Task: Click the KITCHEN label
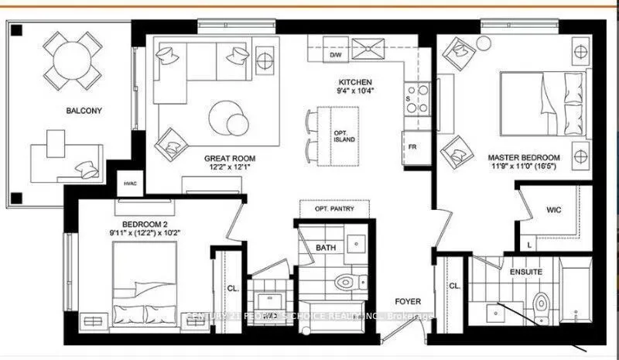[355, 82]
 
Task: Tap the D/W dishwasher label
[336, 56]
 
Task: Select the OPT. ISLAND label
[344, 136]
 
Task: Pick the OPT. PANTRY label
[334, 210]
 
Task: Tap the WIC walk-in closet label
[552, 209]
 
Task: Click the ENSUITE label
[525, 273]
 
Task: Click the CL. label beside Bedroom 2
[233, 287]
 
